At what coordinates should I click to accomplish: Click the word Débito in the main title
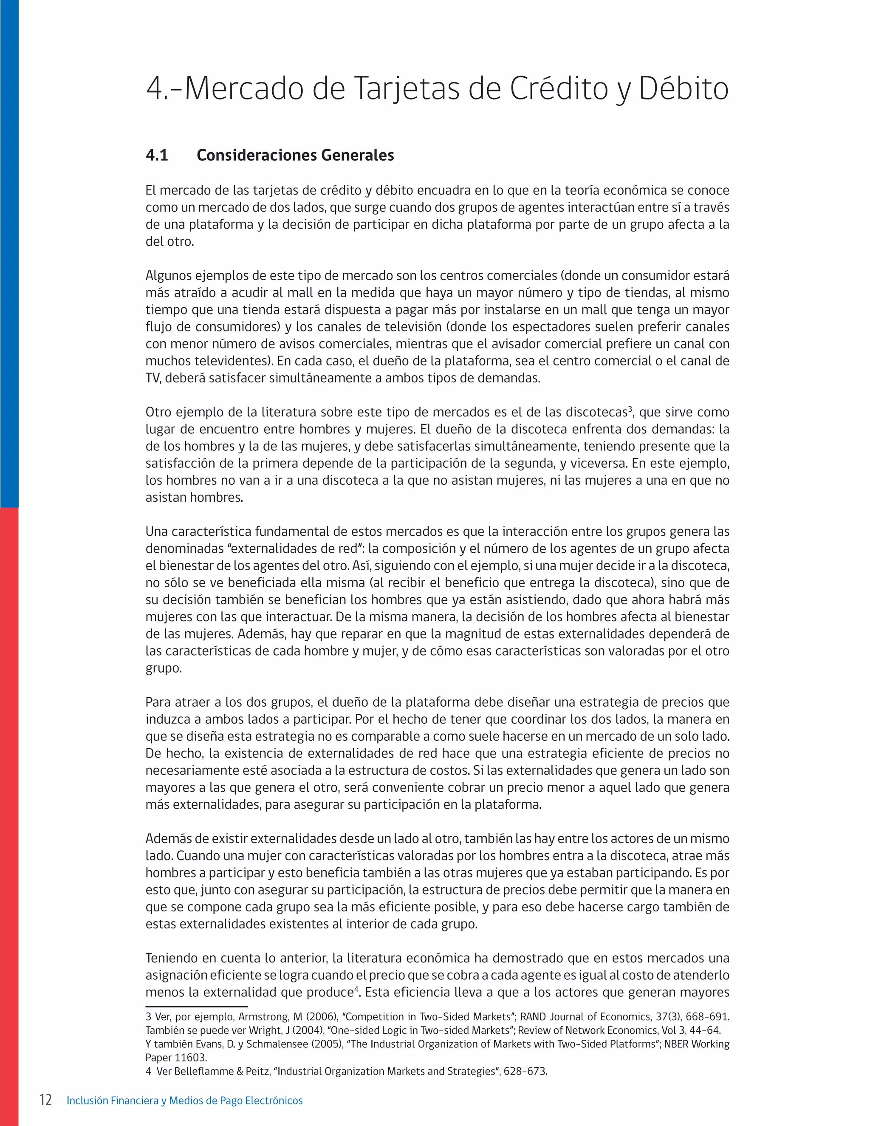tap(684, 89)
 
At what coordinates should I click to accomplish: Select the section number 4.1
tap(157, 155)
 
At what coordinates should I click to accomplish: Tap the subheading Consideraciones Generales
tap(295, 155)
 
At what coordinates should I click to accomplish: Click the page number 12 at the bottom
tap(45, 1100)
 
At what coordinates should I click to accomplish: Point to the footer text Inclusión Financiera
tap(113, 1101)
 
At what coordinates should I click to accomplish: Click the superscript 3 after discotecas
tap(630, 408)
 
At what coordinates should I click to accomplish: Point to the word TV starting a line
tap(153, 378)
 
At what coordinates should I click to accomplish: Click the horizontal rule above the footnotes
tap(196, 1006)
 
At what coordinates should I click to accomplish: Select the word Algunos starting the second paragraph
tap(168, 276)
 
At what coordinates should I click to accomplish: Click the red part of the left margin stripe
tap(9, 773)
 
